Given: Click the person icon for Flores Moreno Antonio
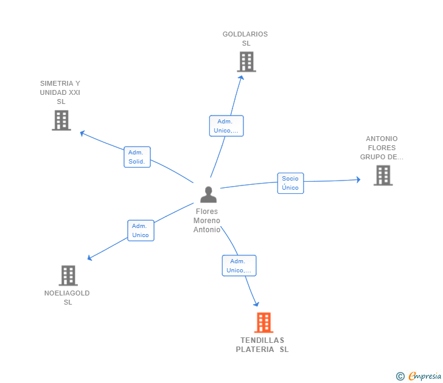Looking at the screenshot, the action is coord(209,195).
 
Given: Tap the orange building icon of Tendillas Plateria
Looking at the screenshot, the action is coord(264,323).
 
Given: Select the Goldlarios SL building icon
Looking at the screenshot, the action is coord(246,62).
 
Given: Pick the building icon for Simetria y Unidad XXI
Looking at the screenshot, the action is coord(61,120).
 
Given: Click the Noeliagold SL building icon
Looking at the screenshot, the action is coord(68,275).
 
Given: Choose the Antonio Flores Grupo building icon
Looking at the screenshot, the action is coord(383,175).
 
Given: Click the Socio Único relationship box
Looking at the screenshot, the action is coord(290,183).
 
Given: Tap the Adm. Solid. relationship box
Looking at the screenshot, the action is coord(137,157).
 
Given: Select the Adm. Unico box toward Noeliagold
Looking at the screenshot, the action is coord(141,230).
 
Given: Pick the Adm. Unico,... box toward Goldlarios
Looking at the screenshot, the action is coord(226,126).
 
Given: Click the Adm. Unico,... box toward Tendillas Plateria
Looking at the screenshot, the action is coord(239,266).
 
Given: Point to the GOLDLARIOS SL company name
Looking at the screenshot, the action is coord(245,39).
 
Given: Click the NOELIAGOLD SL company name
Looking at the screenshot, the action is coord(67,297).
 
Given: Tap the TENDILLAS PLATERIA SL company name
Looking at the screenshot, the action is coord(262,345).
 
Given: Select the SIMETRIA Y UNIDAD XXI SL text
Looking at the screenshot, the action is coord(60,92).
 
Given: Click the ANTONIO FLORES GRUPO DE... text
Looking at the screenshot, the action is coord(382,148).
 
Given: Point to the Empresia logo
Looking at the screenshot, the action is coord(419,376).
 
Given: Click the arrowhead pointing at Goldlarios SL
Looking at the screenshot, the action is coord(241,78).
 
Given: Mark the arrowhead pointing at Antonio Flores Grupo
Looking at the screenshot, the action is coord(358,179).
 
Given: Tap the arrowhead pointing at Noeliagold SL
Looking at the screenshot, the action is coord(89,257).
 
